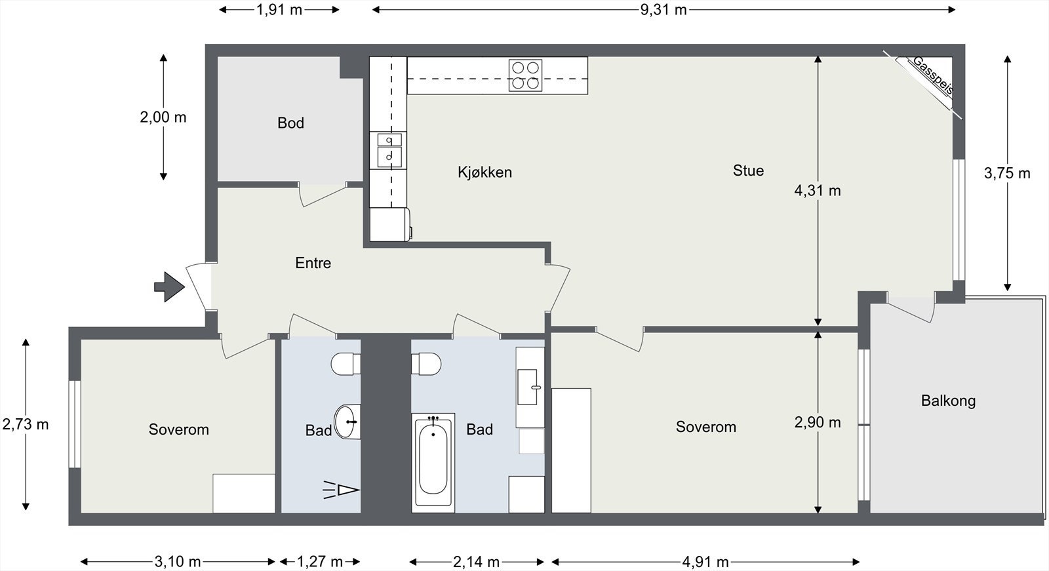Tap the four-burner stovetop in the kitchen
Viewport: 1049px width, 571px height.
(525, 75)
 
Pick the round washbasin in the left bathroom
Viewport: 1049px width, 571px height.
(347, 422)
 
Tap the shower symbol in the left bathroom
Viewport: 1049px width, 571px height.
(342, 490)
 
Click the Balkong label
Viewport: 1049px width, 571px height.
(948, 401)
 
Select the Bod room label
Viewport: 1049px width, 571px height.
(291, 123)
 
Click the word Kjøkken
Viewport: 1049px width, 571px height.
(485, 172)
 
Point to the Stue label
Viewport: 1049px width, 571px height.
(748, 170)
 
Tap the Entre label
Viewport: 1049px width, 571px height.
(313, 263)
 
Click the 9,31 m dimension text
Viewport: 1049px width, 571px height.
(663, 10)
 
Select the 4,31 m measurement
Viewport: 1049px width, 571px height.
(818, 191)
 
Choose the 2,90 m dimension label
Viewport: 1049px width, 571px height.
(818, 422)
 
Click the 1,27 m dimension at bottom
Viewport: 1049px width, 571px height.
(320, 562)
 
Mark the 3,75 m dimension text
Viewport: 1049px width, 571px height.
(1007, 173)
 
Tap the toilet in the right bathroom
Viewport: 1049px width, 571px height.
(426, 364)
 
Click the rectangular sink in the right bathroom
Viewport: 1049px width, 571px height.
(528, 387)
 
